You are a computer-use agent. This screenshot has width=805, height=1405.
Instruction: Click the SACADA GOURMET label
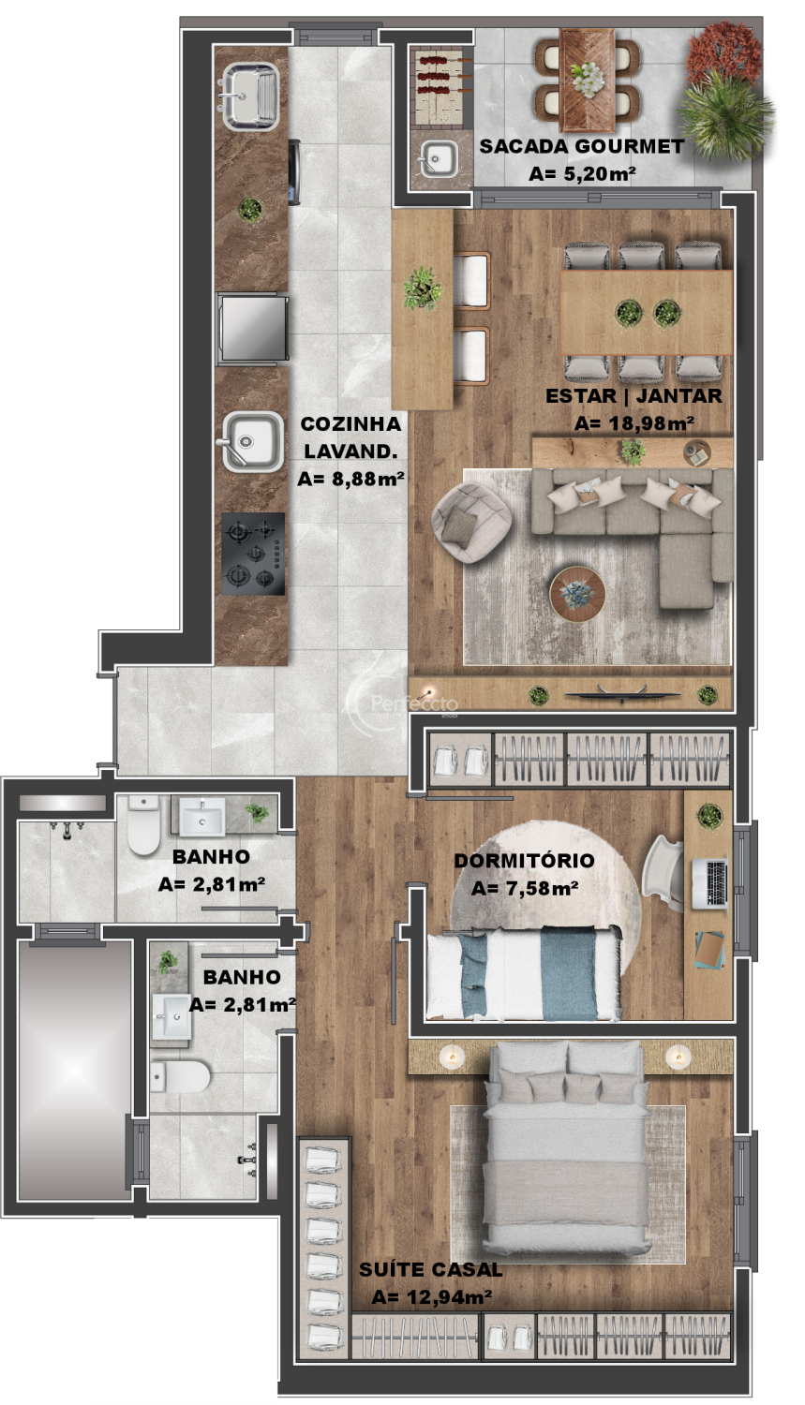(582, 147)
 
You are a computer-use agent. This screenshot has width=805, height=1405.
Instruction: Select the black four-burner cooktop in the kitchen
(253, 554)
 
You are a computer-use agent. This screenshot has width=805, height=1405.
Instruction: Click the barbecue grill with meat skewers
(441, 88)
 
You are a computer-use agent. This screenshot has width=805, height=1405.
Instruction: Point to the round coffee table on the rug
(577, 594)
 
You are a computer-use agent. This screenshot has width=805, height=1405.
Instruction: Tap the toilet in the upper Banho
(143, 825)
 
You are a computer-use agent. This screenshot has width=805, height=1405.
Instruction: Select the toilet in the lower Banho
(180, 1076)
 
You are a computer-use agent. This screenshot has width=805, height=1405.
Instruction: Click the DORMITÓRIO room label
(524, 861)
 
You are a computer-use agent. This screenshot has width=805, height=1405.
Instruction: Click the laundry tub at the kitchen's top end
(250, 96)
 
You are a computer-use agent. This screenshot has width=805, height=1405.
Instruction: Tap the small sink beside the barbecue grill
(439, 158)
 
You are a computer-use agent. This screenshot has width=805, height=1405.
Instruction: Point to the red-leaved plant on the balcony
(723, 53)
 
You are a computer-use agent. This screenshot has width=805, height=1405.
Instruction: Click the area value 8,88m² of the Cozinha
(350, 480)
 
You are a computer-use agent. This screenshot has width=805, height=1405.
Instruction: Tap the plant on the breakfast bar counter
(423, 288)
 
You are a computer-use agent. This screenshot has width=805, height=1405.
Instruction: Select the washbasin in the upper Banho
(202, 816)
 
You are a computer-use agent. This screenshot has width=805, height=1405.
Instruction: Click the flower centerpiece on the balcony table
(588, 78)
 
